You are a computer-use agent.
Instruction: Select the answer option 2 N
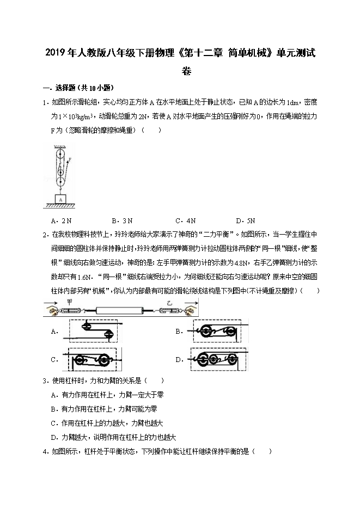pos(61,220)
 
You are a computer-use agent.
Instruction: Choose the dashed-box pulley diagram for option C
pos(93,360)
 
